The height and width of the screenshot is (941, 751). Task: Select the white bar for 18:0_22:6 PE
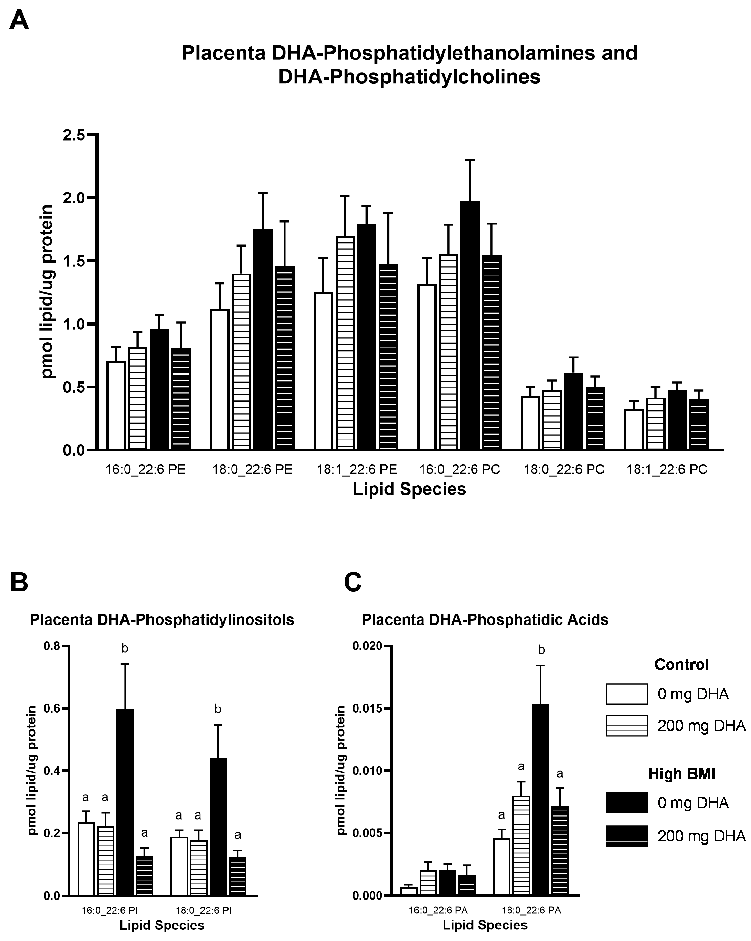(x=220, y=380)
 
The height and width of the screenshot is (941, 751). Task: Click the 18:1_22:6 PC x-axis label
(x=667, y=470)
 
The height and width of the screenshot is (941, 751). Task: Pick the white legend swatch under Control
(x=626, y=694)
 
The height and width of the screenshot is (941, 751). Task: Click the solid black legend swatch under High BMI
(x=626, y=803)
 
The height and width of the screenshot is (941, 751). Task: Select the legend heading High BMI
(x=681, y=774)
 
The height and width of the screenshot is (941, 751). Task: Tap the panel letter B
(x=19, y=582)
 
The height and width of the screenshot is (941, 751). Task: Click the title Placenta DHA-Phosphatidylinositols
(x=162, y=620)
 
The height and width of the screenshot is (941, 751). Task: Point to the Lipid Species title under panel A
(x=409, y=489)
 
